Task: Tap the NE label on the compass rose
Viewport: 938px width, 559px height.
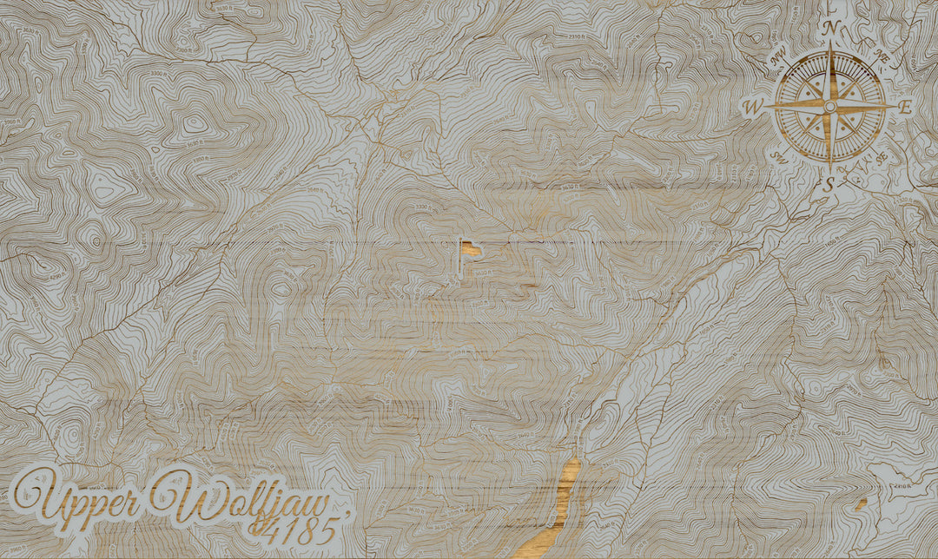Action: (x=882, y=57)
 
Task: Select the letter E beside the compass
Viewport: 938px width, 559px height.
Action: (x=905, y=108)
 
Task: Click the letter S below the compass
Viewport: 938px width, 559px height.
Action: (x=829, y=183)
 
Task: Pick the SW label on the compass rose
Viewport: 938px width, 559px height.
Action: (x=780, y=159)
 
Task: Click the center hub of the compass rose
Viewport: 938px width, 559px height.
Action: (x=829, y=106)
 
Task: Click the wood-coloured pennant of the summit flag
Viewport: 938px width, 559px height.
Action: (x=472, y=249)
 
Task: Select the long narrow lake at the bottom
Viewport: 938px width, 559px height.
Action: (x=555, y=512)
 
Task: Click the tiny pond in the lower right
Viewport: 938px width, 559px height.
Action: (x=862, y=503)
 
